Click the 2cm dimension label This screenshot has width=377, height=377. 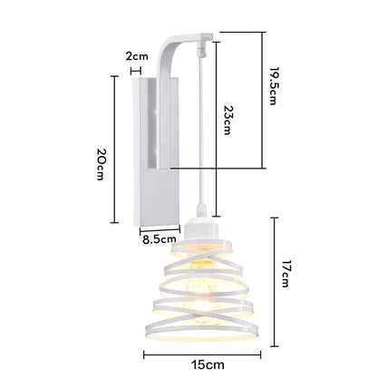coord(136,56)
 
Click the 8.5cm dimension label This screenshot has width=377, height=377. coord(159,240)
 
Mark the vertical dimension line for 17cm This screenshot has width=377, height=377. coord(273,276)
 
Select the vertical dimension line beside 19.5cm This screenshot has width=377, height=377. coord(262,100)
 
